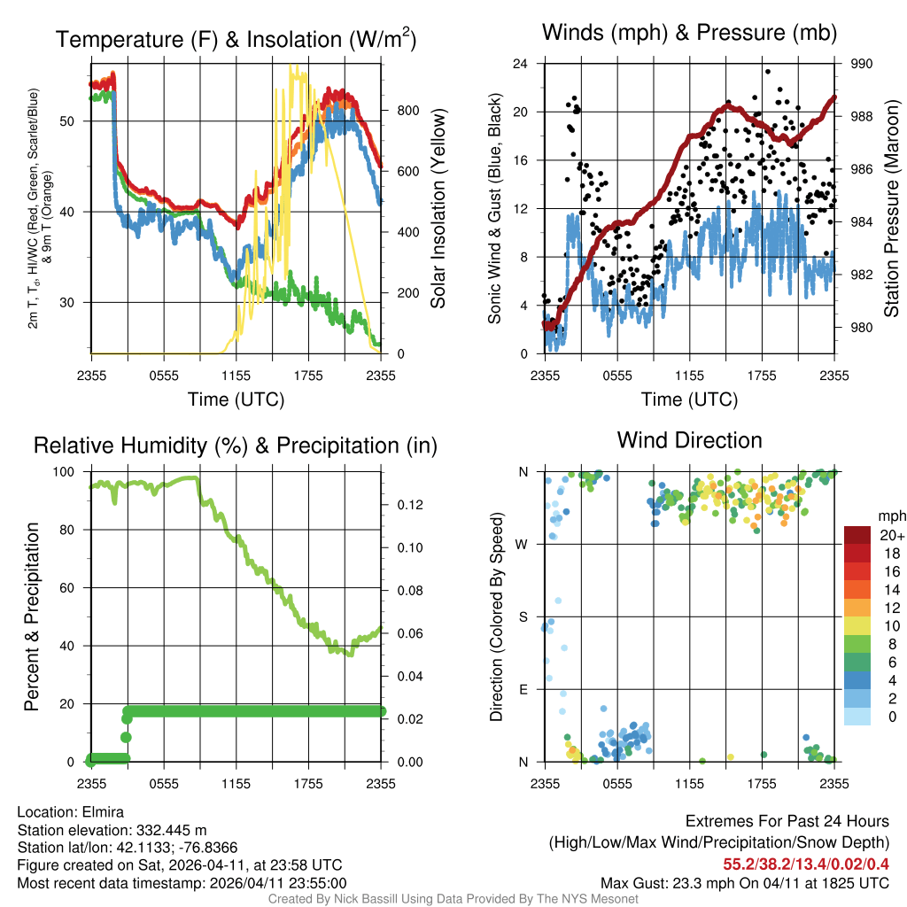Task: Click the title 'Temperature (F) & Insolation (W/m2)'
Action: [236, 40]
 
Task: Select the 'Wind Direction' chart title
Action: [689, 440]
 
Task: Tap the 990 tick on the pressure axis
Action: [862, 64]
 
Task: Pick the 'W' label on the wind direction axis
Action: [523, 544]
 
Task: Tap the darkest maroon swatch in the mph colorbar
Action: [857, 535]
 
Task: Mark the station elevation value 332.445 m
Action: [171, 830]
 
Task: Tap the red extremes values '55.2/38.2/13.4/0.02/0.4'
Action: [806, 864]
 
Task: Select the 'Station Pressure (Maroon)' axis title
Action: [891, 209]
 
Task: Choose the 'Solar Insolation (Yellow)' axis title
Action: [438, 209]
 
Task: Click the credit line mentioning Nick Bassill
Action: [453, 899]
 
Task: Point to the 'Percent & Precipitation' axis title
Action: [32, 616]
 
